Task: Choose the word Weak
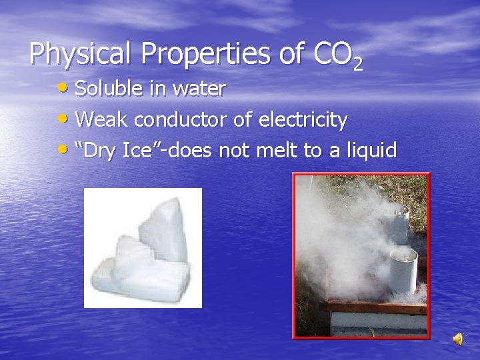[100, 120]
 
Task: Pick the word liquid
[368, 151]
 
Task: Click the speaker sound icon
[458, 339]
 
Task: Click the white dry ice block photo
[142, 247]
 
